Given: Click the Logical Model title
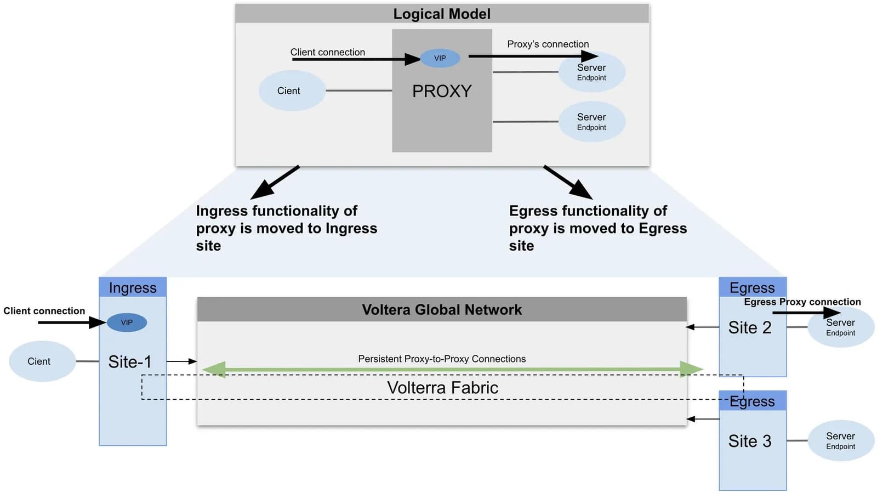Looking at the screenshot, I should [x=442, y=14].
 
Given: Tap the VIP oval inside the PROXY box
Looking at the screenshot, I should [x=440, y=58].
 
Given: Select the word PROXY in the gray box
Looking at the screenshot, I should [x=442, y=91].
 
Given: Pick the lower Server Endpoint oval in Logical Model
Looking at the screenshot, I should [x=591, y=122].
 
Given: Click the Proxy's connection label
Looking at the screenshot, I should [x=548, y=44].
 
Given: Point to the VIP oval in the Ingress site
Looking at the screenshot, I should [x=127, y=322].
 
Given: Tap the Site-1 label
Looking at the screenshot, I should [x=129, y=362].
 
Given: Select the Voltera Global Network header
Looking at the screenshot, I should [x=442, y=310].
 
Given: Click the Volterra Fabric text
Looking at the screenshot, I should [x=442, y=388].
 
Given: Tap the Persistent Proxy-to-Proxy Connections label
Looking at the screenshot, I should [x=442, y=359].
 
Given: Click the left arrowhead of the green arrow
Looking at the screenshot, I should [x=214, y=370].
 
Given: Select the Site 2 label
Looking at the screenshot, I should [x=749, y=327].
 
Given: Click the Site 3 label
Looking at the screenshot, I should [x=749, y=441].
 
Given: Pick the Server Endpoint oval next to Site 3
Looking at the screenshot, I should [x=840, y=440].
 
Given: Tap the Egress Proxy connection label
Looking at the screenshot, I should [x=802, y=302].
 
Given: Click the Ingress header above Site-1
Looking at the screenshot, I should [x=133, y=287].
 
